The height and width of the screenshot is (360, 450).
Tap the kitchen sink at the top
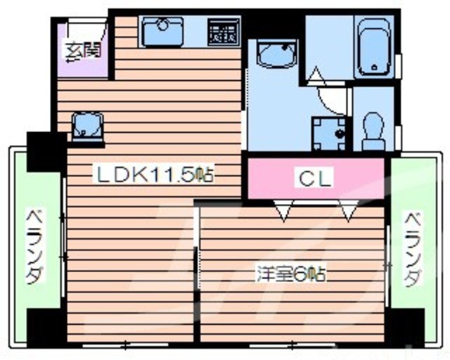pos(162,31)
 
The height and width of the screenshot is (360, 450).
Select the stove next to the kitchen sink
pos(224,32)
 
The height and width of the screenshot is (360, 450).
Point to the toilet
pos(371,131)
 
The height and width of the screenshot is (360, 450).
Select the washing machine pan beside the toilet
pos(328,131)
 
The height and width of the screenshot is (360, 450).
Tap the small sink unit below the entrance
pos(88,127)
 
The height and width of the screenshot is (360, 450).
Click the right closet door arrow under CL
pos(347,210)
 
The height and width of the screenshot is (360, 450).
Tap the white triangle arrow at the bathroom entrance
pos(315,75)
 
